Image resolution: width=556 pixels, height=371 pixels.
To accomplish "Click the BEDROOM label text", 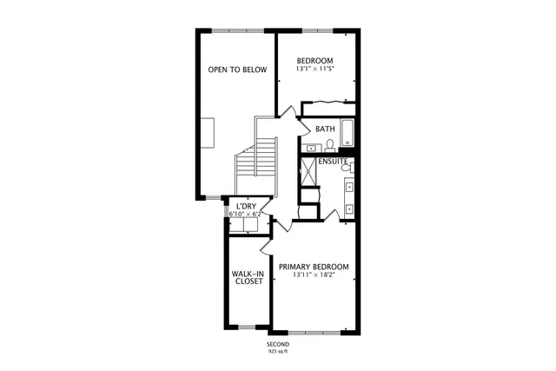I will click(x=314, y=61).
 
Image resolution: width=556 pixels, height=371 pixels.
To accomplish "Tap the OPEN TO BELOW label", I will click(x=236, y=70).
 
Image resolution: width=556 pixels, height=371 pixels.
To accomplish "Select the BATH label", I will click(x=325, y=129).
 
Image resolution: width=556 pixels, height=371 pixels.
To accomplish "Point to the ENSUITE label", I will click(x=333, y=162).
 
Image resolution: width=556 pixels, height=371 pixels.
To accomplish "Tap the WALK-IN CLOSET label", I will click(x=248, y=277).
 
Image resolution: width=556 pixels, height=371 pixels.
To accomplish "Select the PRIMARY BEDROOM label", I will click(x=314, y=266).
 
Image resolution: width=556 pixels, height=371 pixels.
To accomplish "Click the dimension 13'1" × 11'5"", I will click(x=314, y=71).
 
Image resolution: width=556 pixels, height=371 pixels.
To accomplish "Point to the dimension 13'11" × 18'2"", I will click(x=314, y=275).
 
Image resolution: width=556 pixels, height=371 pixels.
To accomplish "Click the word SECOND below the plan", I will click(x=277, y=344).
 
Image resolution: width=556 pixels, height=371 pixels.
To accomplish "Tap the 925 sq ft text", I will click(x=277, y=352).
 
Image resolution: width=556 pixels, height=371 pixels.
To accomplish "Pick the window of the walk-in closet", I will click(x=248, y=327).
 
